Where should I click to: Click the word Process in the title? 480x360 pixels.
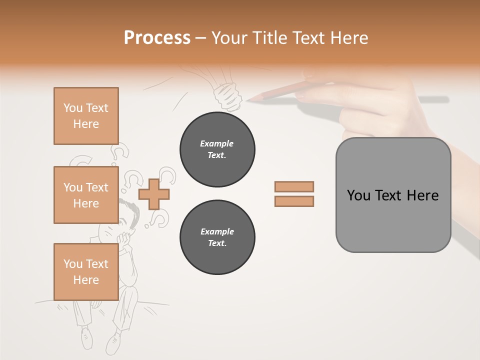(157, 38)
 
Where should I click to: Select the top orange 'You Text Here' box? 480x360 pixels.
(86, 116)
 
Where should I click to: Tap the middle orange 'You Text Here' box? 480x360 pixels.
(86, 195)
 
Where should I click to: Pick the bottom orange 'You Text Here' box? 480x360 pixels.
(86, 271)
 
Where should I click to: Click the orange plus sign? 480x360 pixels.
(154, 194)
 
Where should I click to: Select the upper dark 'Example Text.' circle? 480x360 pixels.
(217, 149)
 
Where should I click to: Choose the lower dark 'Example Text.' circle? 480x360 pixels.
(217, 237)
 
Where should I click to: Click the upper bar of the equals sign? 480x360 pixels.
(294, 186)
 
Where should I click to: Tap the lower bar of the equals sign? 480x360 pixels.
(294, 201)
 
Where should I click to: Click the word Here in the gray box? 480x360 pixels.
(422, 195)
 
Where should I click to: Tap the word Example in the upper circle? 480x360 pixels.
(217, 143)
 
